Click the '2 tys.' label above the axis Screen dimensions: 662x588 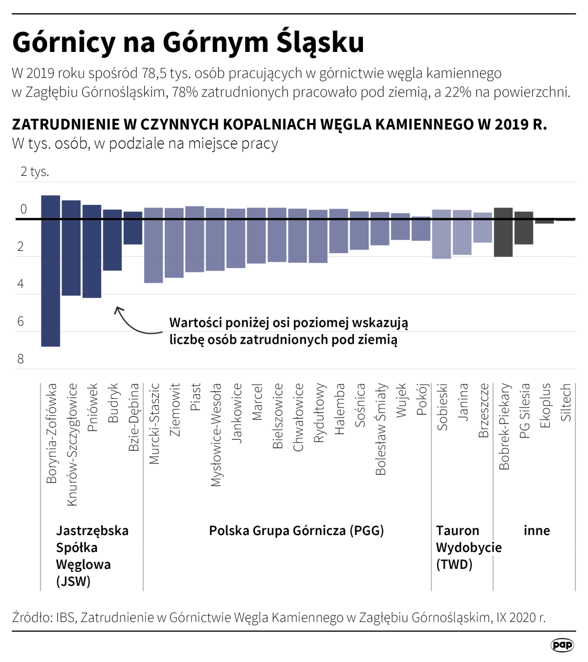click(x=35, y=172)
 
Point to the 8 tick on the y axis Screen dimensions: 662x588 click(x=21, y=359)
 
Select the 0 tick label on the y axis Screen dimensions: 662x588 click(x=23, y=209)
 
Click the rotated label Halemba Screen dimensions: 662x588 click(x=340, y=409)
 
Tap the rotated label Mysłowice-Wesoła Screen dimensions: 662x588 click(x=216, y=435)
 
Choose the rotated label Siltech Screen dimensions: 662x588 click(x=566, y=402)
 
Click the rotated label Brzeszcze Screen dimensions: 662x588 click(x=483, y=410)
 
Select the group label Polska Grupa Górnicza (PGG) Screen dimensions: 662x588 click(x=296, y=531)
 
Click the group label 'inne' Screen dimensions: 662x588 click(x=537, y=531)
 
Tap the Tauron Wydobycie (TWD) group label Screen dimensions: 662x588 click(x=468, y=547)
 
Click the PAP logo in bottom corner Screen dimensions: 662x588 click(x=562, y=645)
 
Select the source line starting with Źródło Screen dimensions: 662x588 click(x=279, y=618)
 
